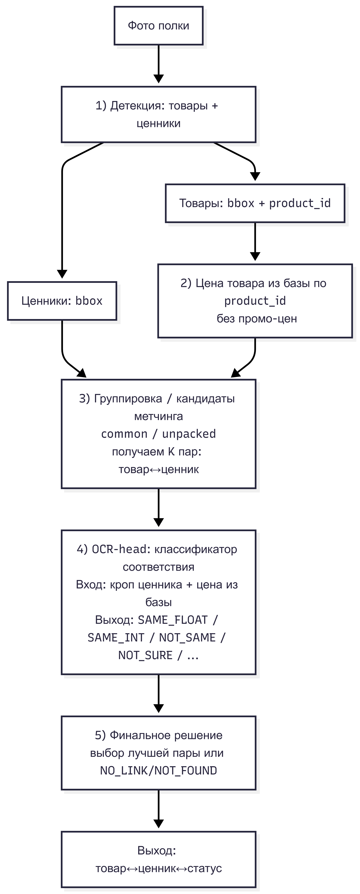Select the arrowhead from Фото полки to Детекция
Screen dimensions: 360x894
click(x=159, y=78)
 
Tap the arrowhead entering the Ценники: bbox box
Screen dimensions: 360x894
click(x=62, y=274)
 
